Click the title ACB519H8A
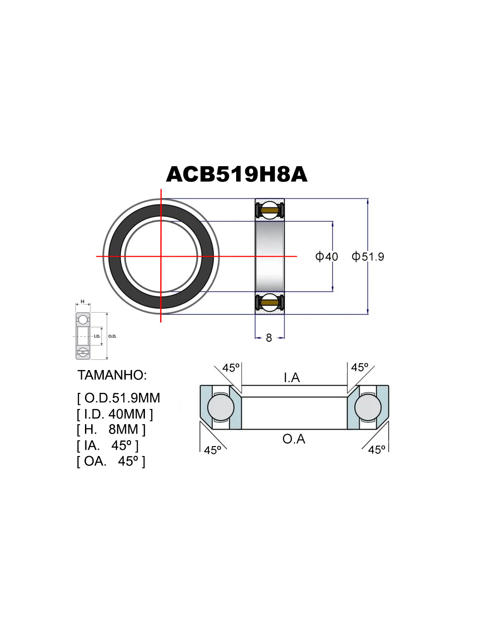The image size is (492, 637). [x=237, y=174]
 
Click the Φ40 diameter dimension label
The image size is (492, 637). [x=327, y=257]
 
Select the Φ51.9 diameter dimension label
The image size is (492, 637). [x=368, y=257]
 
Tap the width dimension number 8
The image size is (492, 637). [x=269, y=338]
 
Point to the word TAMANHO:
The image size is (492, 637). [x=112, y=375]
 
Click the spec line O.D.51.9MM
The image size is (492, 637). [x=119, y=398]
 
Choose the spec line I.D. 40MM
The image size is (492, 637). [x=115, y=414]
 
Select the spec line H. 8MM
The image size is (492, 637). [x=111, y=429]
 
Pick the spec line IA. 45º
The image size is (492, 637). [x=107, y=445]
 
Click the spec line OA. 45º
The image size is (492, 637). [x=111, y=461]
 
